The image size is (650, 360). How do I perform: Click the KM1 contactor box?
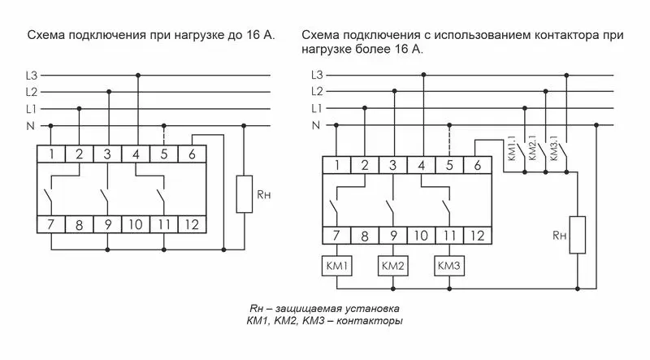coord(336,266)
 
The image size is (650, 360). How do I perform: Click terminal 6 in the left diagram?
coord(192,154)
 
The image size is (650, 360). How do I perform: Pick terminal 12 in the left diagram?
coord(192,225)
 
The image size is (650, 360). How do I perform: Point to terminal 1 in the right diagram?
coord(336,166)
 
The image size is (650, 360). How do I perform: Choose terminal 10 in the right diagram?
coord(421,236)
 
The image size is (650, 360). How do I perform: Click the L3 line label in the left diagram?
coord(32,75)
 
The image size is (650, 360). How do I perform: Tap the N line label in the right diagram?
coord(317,125)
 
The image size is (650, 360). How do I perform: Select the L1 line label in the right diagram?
coord(317,108)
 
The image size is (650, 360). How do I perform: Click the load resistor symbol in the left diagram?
coord(245,193)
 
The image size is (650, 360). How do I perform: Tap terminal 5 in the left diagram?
coord(163,154)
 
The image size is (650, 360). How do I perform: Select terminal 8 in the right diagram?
coord(365,236)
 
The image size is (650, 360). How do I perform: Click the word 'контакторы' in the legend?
coord(375,322)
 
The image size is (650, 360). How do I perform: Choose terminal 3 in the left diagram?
coord(107,154)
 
